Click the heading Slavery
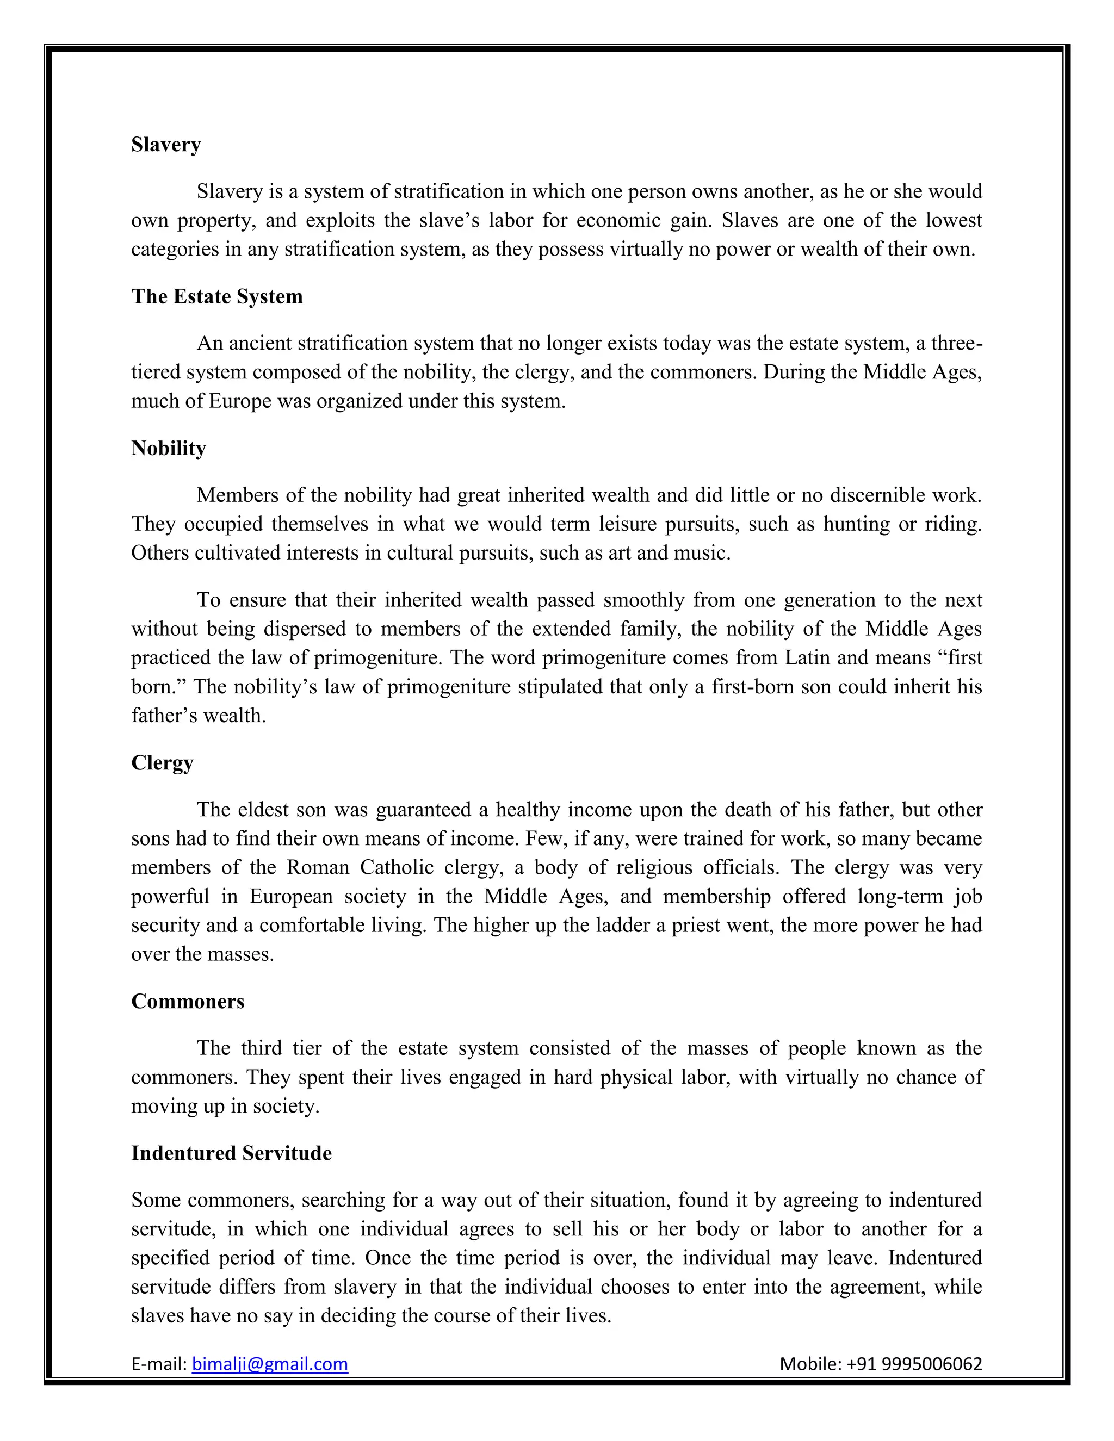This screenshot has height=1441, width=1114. click(166, 145)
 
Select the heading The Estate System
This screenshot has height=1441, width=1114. click(216, 296)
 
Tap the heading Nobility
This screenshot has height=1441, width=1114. click(168, 448)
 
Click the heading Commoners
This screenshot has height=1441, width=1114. click(188, 1001)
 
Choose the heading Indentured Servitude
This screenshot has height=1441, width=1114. click(231, 1153)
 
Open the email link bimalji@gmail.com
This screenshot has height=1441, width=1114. click(269, 1363)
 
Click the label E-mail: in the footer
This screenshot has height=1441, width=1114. click(159, 1363)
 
